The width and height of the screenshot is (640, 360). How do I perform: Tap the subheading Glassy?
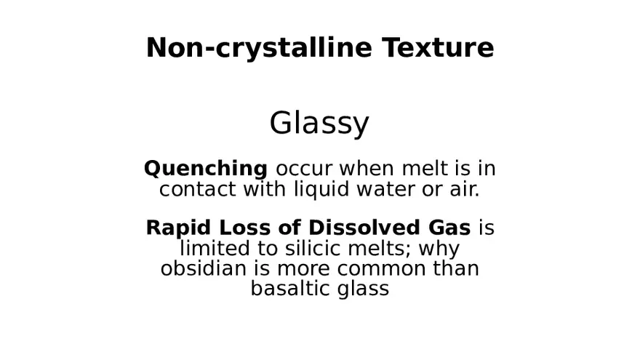point(319,124)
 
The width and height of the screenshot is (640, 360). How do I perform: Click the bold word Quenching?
point(206,169)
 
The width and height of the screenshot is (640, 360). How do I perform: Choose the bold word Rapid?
point(172,228)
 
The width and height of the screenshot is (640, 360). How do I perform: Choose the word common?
point(381,268)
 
